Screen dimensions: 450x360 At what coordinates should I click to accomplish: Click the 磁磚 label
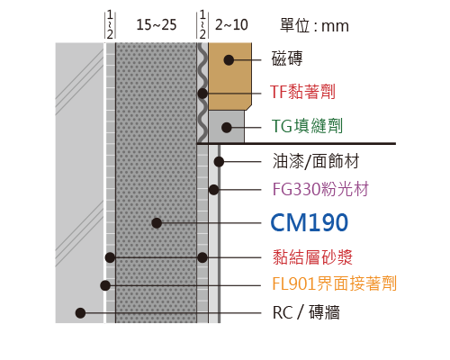(287, 58)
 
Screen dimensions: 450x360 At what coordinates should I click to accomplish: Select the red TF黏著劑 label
(302, 92)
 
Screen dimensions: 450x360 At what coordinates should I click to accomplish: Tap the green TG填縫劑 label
(307, 126)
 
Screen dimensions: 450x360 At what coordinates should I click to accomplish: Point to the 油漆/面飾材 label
(316, 161)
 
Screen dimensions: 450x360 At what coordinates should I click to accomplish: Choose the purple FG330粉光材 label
(320, 189)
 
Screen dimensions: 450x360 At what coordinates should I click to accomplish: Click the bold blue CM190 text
(310, 222)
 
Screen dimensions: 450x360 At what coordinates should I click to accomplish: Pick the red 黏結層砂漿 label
(312, 257)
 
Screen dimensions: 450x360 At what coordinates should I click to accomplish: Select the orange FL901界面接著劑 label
(335, 283)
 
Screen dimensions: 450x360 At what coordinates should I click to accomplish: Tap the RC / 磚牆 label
(306, 312)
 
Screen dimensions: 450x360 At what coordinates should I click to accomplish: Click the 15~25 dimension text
(157, 24)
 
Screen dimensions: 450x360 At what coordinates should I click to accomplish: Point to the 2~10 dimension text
(231, 24)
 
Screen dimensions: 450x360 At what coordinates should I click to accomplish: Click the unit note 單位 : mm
(314, 25)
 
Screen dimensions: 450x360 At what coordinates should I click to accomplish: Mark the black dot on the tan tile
(229, 60)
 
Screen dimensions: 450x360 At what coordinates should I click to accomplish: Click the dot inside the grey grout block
(227, 128)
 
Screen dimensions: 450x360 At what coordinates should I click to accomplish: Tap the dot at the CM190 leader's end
(157, 223)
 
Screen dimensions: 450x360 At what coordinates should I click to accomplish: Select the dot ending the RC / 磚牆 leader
(80, 313)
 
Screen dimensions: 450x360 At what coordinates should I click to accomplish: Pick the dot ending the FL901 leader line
(105, 285)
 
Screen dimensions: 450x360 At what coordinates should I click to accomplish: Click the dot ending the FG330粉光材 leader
(213, 190)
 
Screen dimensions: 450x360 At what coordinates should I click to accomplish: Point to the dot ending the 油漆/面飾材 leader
(219, 162)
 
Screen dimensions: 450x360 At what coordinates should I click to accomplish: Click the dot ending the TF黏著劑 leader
(202, 94)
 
